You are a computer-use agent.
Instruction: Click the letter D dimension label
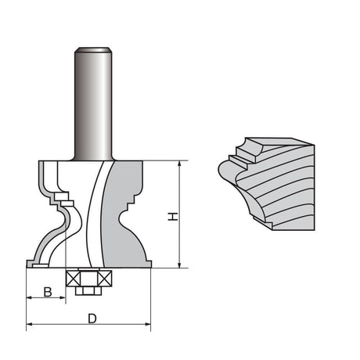92,319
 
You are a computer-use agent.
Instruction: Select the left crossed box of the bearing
75,277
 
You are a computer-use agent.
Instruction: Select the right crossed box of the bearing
103,277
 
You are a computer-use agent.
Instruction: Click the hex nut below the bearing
88,290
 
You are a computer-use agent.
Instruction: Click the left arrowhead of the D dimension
30,323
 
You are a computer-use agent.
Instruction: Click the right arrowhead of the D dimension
148,323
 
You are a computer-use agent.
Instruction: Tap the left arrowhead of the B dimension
30,298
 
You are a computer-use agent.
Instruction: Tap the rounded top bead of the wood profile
250,146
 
